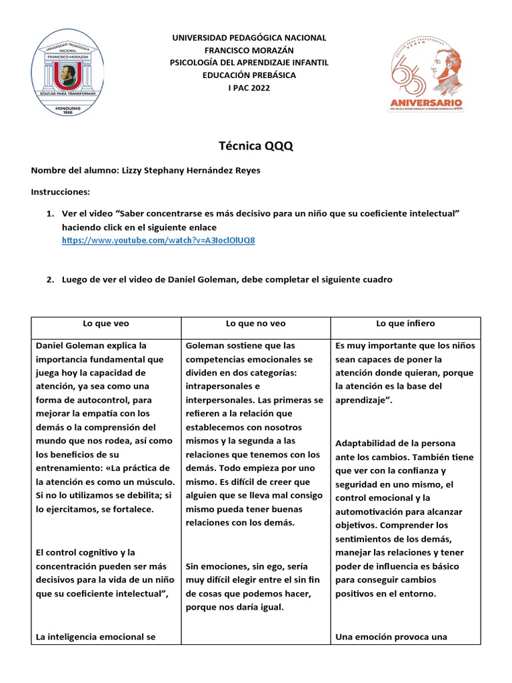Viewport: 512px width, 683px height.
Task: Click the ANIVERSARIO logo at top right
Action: (425, 73)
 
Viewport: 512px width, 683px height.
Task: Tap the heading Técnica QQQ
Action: (256, 146)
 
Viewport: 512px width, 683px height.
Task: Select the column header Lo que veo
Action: (106, 323)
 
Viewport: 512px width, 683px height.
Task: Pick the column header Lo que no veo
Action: (255, 323)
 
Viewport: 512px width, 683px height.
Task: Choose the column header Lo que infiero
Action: (405, 323)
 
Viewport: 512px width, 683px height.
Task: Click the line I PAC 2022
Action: (249, 89)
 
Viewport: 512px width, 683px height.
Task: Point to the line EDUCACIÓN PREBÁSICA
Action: (249, 75)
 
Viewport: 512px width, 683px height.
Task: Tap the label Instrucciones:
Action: (60, 192)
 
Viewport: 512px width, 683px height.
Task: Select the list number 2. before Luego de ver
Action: (50, 279)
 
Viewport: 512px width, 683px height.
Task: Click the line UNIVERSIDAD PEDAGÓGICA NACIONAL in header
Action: (249, 38)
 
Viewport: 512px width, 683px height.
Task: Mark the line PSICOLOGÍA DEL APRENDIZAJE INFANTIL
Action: (249, 63)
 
